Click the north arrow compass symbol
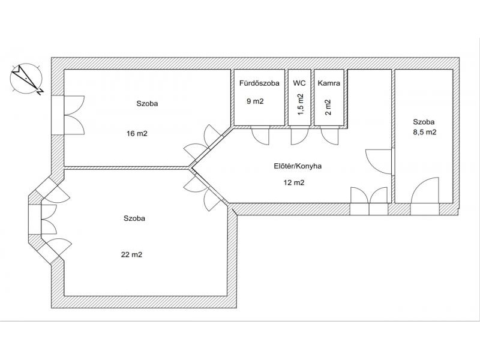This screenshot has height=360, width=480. point(26,79)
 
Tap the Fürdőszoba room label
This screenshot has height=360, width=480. point(259,83)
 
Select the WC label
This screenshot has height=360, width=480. point(299,83)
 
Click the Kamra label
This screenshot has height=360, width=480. point(329,83)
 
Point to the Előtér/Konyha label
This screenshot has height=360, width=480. point(297,166)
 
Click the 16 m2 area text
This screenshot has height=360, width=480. point(137,133)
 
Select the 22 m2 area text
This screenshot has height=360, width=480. point(131,254)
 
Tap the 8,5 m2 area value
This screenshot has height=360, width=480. point(425,132)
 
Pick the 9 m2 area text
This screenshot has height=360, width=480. point(255,101)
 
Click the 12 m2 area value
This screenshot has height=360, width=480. point(294,183)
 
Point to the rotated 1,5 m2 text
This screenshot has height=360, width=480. point(301,104)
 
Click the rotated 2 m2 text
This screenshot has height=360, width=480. point(328,107)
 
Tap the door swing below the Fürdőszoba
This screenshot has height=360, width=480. point(260,137)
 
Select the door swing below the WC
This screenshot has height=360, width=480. point(299,137)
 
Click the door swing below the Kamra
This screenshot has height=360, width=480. point(329,137)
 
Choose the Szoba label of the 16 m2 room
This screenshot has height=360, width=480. point(147,103)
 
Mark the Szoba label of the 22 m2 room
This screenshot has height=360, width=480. point(134,218)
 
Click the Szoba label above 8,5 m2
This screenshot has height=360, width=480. point(424,122)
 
